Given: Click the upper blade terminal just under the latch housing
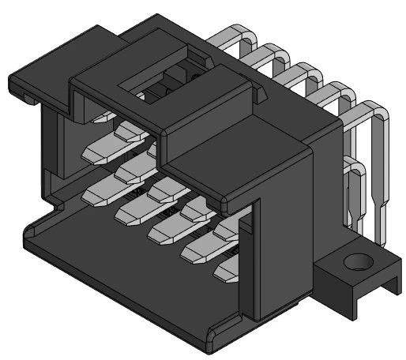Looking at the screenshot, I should [111, 147].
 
